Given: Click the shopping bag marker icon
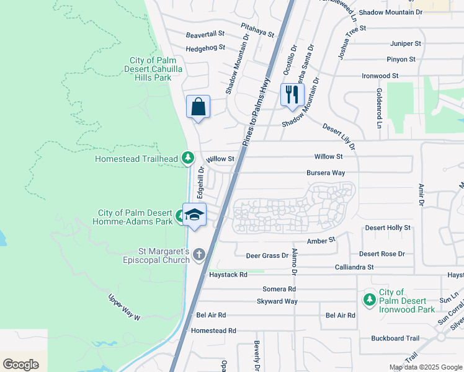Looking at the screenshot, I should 198,107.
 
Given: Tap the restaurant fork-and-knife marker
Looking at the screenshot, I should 291,95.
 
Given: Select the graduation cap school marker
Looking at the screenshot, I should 194,215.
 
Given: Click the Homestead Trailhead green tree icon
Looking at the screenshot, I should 187,159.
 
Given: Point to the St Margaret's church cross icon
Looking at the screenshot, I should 199,254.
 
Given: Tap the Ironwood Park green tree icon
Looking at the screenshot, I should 370,299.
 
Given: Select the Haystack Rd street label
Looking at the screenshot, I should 228,274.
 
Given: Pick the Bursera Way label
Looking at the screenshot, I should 326,173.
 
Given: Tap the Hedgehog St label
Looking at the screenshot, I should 205,48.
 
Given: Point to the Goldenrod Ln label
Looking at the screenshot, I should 378,108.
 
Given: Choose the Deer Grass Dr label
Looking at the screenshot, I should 267,255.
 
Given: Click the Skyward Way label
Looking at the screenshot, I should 277,301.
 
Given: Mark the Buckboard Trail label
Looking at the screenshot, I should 396,339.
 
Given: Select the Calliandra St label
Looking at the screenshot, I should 354,267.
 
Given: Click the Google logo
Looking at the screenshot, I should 20,365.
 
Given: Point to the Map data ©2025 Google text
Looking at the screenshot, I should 425,367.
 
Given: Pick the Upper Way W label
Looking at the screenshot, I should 125,307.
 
